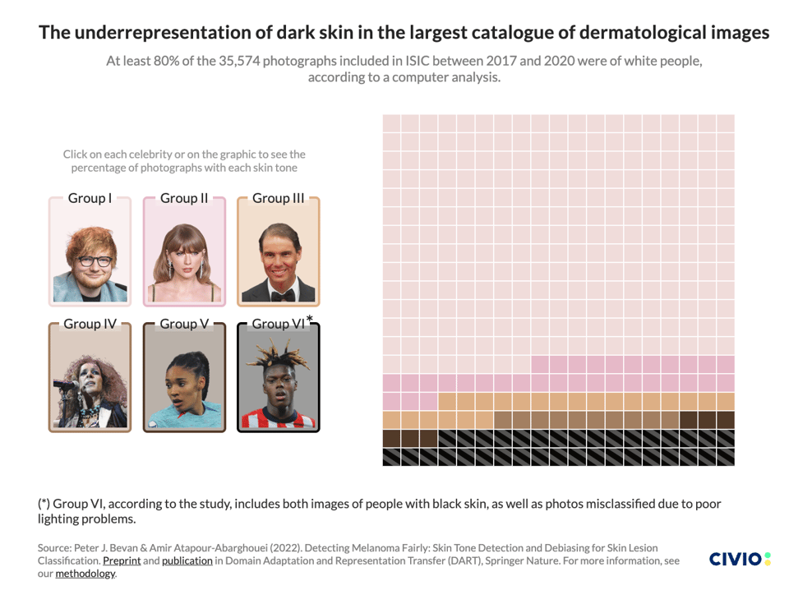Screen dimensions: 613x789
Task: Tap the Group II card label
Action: point(184,198)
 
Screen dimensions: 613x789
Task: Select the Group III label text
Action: point(278,198)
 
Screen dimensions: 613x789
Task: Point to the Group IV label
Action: point(90,324)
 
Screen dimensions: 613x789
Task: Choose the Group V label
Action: point(184,324)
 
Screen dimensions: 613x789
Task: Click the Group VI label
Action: point(278,324)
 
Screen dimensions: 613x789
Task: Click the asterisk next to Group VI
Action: point(310,319)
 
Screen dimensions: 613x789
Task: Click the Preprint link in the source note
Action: point(120,560)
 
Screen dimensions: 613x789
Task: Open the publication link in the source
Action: point(187,560)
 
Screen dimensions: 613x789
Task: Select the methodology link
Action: point(85,574)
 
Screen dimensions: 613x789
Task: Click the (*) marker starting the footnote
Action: point(45,504)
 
